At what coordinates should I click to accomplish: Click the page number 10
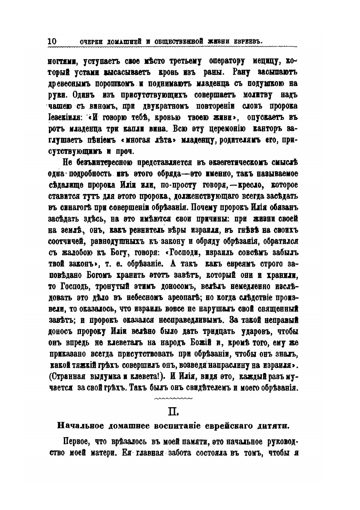tap(52, 41)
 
